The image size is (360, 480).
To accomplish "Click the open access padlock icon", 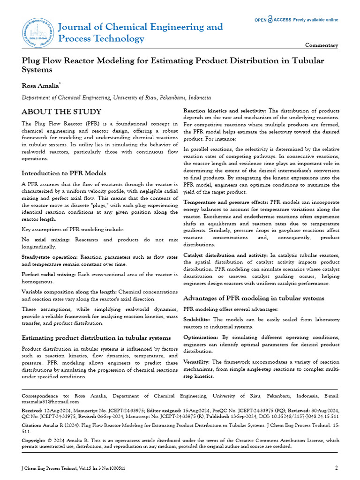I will coord(270,20).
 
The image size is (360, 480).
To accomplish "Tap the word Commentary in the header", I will coord(322,45).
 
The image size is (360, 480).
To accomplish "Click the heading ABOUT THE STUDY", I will coord(61,112).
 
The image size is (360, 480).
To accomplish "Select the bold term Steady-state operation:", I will coord(50,257).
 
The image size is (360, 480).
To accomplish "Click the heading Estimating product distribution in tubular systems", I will coord(97,337).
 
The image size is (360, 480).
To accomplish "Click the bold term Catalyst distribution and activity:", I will coord(225,255).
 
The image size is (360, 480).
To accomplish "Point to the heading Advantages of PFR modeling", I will coord(254,298).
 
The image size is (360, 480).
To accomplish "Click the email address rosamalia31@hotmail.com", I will coord(51,402).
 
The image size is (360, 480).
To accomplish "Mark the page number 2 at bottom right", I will coord(336,468).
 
